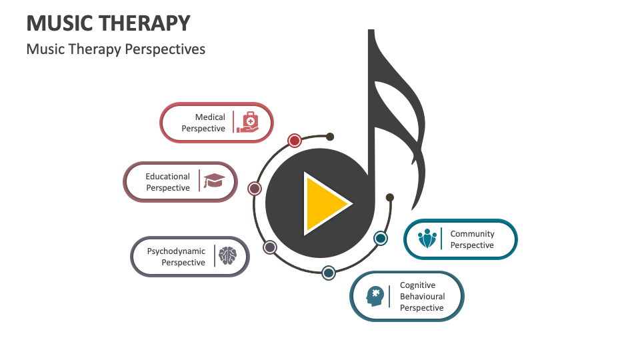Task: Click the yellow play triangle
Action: [x=325, y=203]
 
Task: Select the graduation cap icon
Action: [x=214, y=181]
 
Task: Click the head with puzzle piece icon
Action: [x=375, y=295]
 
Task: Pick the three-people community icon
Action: [x=427, y=239]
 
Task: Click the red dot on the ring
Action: [x=295, y=140]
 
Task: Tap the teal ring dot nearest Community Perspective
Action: [x=380, y=238]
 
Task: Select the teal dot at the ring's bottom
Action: [x=329, y=272]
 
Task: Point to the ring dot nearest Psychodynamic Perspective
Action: [x=269, y=247]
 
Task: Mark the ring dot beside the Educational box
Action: [x=254, y=189]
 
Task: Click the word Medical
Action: [x=210, y=117]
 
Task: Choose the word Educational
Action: [x=168, y=177]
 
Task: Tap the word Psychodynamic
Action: [x=176, y=251]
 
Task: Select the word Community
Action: [x=472, y=234]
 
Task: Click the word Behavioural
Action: [x=422, y=297]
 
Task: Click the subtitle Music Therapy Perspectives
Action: [x=116, y=49]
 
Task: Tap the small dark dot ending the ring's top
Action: [x=330, y=137]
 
